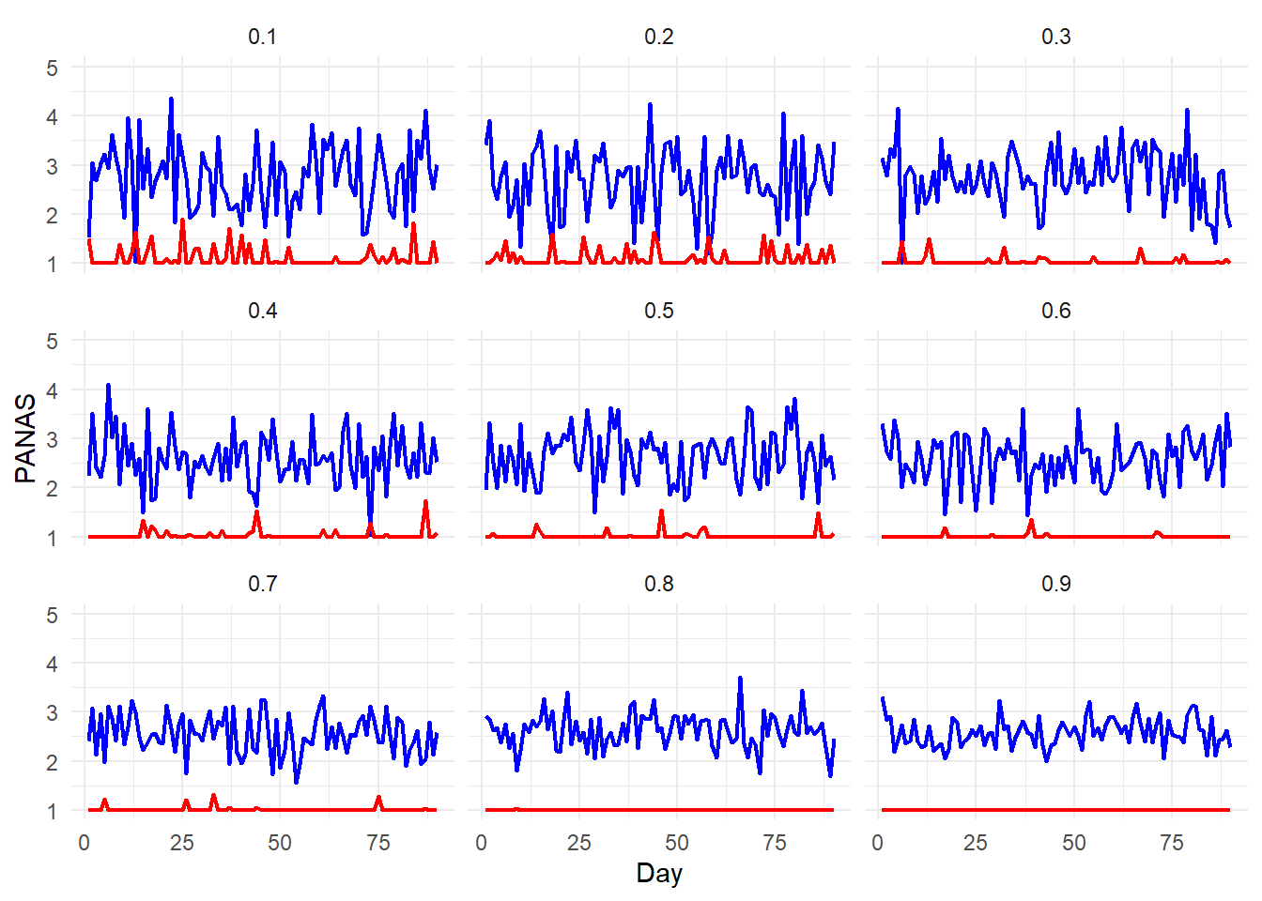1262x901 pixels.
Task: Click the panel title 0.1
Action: coord(262,37)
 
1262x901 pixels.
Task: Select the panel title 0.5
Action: coord(658,311)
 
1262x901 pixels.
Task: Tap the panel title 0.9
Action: coord(1055,584)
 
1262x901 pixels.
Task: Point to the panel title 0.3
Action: coord(1055,37)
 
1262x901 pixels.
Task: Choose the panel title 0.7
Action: coord(262,584)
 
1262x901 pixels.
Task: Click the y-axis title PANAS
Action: coord(26,438)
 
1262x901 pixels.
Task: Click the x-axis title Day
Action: coord(658,873)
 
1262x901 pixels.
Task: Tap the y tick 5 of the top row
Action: coord(52,68)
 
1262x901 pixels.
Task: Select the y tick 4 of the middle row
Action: coord(52,390)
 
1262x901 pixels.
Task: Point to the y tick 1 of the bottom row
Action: coord(52,811)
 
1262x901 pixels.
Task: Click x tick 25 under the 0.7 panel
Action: coord(182,843)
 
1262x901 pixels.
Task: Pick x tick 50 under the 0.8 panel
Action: coord(677,843)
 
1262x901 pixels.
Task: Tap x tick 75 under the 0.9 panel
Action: coord(1172,843)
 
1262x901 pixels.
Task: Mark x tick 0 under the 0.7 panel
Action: coord(85,843)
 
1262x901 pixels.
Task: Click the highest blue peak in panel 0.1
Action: coord(171,99)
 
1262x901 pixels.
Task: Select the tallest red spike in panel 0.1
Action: coord(182,221)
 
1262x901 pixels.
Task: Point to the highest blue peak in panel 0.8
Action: coord(740,678)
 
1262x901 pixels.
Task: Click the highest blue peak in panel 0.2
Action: coord(650,105)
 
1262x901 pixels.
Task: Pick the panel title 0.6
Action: coord(1055,311)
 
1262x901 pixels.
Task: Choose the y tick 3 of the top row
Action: coord(52,166)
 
